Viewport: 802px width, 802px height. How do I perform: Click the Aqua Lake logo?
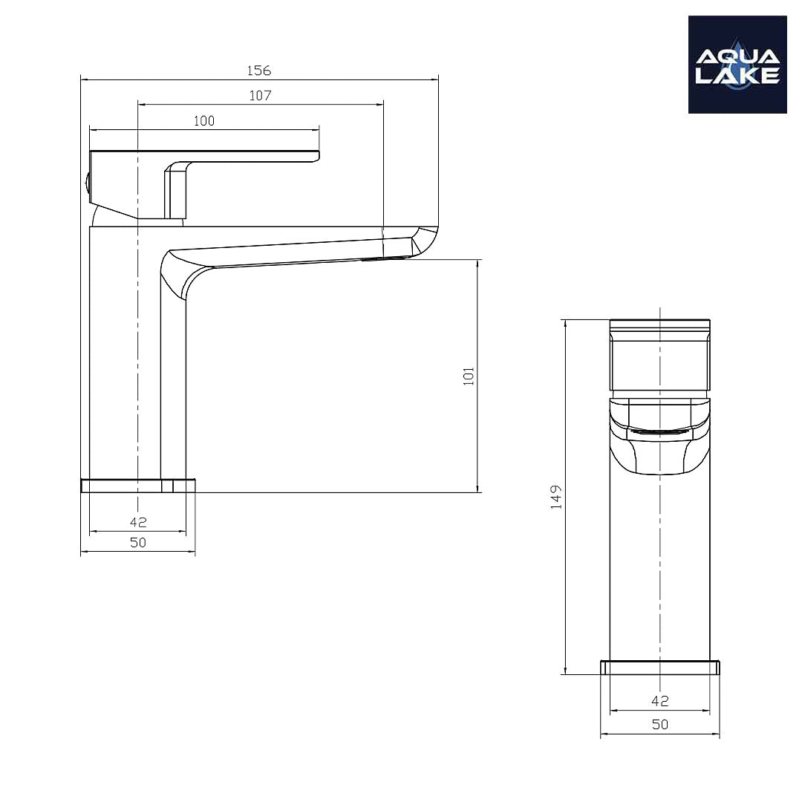[x=737, y=65]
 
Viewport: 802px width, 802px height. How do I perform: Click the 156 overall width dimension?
[x=259, y=71]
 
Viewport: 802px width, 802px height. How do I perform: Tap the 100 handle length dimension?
[x=203, y=121]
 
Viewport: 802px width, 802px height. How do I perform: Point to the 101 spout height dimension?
[x=469, y=376]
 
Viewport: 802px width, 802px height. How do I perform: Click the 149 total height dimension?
[x=556, y=497]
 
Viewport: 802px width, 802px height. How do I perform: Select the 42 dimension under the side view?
[x=138, y=522]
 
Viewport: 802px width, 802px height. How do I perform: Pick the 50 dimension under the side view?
[x=138, y=543]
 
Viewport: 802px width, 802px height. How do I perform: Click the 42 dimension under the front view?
[x=659, y=700]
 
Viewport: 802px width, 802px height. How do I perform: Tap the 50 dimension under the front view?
[x=659, y=725]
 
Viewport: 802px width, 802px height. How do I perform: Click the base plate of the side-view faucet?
[x=138, y=486]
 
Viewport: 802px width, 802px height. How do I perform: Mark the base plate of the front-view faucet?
[x=659, y=668]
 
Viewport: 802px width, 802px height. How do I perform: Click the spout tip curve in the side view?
[x=426, y=241]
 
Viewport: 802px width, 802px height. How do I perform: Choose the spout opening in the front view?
[x=659, y=431]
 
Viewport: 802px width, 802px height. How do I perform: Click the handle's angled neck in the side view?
[x=177, y=189]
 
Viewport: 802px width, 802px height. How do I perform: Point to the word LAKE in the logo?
[x=737, y=75]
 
